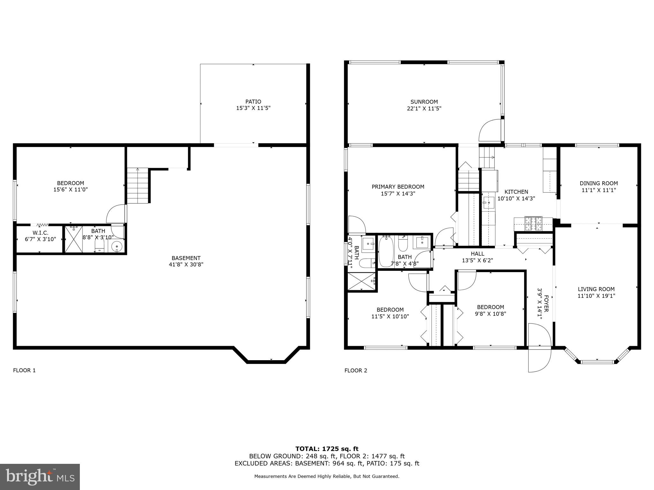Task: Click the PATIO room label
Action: point(253,102)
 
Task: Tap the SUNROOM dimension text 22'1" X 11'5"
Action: point(424,108)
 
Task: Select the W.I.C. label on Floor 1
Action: point(41,233)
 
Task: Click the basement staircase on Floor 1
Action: point(138,186)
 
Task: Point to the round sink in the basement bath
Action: point(117,247)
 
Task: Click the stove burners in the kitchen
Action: point(533,223)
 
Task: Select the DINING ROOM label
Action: point(598,183)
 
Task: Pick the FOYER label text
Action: point(546,303)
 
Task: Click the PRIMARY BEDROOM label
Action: point(398,187)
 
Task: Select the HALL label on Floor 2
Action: point(477,254)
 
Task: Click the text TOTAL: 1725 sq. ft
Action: point(327,449)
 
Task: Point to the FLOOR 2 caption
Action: point(355,370)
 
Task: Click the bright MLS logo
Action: point(40,477)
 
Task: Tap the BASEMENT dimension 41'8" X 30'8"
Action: point(186,264)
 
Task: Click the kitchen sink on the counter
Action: point(488,203)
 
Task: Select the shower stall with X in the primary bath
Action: point(361,281)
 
